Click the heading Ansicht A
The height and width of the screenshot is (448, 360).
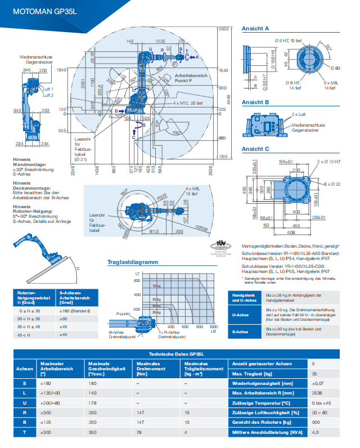click(x=255, y=28)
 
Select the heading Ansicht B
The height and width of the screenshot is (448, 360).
click(x=255, y=102)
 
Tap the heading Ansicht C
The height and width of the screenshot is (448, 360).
click(x=255, y=149)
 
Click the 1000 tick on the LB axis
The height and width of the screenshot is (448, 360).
click(x=213, y=327)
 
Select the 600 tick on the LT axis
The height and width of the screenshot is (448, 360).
click(x=137, y=280)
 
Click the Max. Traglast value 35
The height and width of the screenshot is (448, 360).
click(x=314, y=374)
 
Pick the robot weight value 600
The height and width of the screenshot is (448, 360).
click(x=315, y=422)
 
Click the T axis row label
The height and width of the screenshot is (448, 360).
click(x=24, y=432)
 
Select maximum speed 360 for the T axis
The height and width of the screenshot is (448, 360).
click(x=93, y=432)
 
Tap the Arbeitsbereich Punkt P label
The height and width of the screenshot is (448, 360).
click(x=191, y=78)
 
